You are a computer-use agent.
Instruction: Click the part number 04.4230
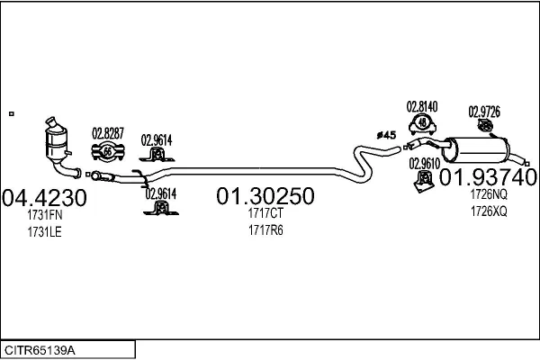coord(44,196)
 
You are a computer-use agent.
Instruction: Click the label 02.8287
coord(108,136)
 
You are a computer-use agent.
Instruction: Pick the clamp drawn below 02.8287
coord(107,152)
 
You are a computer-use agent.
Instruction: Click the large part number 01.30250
coord(265,196)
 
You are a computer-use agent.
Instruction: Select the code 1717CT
coord(265,214)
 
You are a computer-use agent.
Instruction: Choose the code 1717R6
coord(265,230)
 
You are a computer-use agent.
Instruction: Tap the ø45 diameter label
coord(386,135)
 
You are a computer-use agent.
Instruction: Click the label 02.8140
coord(422,106)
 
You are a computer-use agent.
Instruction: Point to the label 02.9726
coord(484,112)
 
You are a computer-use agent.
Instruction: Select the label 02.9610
coord(424,163)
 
